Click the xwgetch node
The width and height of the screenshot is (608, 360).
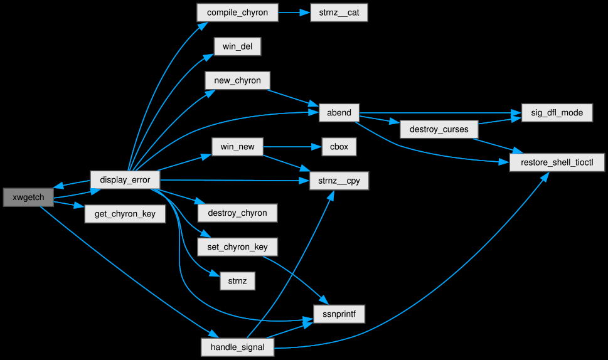28,197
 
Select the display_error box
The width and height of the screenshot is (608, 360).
125,180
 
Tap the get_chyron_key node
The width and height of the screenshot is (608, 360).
125,214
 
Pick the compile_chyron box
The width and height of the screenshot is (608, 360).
237,13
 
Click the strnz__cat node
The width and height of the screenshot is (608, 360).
339,13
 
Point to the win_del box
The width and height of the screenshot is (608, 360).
237,47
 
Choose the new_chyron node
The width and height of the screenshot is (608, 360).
237,80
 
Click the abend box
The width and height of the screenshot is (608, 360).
339,114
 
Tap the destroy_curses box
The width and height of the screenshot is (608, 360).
439,130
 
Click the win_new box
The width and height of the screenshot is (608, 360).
237,147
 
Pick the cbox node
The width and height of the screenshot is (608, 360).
339,147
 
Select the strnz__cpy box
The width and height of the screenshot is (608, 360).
339,180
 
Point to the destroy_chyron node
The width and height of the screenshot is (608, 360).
237,213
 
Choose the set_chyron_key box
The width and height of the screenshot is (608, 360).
237,246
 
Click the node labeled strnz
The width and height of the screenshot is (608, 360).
237,281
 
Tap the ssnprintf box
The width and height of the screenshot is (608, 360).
339,313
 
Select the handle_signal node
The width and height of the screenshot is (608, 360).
237,347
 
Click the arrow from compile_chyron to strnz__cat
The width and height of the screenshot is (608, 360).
294,13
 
